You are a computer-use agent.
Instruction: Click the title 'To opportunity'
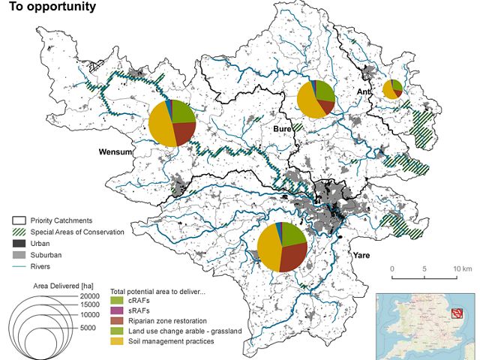click(52, 7)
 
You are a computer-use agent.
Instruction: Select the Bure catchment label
click(281, 130)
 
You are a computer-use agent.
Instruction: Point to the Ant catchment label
click(364, 92)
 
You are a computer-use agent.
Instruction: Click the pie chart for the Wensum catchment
click(172, 122)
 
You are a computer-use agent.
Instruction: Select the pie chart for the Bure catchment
click(316, 98)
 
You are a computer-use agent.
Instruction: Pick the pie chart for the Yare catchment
click(282, 247)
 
